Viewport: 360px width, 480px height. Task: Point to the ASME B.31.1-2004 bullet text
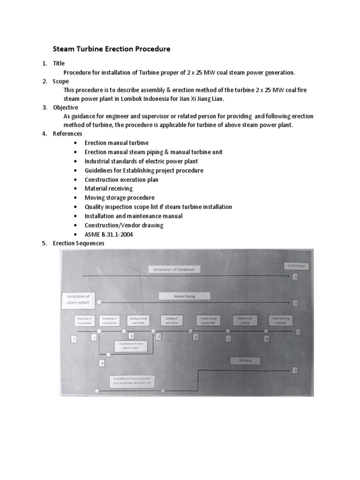[109, 234]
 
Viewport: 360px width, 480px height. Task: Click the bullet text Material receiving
[109, 188]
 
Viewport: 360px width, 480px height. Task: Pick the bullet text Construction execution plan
[121, 180]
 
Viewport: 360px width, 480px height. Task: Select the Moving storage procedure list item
[120, 198]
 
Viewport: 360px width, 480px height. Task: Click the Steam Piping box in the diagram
[184, 296]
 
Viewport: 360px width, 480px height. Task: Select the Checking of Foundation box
[85, 321]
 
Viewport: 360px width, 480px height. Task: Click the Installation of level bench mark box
[131, 346]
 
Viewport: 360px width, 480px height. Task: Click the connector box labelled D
[295, 370]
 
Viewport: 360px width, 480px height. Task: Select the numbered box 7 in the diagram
[229, 338]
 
